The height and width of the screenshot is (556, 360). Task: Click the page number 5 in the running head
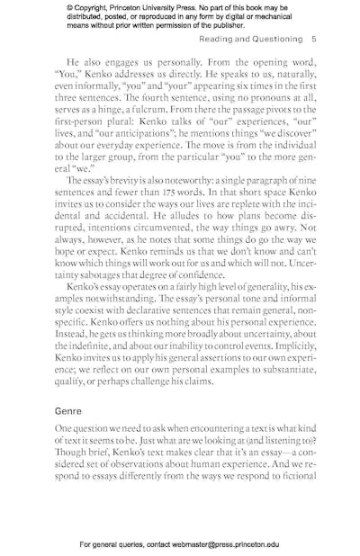312,40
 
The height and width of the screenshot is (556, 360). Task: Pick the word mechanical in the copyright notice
270,18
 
